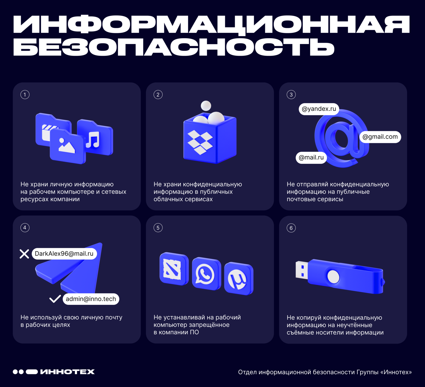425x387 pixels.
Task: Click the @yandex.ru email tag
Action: pos(319,109)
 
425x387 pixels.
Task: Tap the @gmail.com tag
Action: pos(380,137)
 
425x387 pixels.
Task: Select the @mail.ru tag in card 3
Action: pos(311,158)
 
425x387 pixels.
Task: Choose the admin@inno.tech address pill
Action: pos(91,299)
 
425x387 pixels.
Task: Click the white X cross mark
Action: pos(24,254)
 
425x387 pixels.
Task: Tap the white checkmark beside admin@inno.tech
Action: pos(55,299)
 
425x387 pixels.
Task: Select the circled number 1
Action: pos(25,95)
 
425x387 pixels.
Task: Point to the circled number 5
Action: pos(158,228)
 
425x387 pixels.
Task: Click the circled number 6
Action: pos(291,228)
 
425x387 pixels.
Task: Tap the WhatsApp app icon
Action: pos(206,274)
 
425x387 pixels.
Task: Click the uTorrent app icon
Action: pos(239,278)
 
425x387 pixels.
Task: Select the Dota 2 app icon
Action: pos(174,269)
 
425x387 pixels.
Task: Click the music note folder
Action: pos(95,137)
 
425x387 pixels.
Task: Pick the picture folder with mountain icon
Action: pos(68,146)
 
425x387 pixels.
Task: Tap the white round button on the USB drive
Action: pos(333,276)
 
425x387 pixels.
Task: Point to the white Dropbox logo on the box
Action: pos(200,142)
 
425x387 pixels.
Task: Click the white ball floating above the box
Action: pos(206,106)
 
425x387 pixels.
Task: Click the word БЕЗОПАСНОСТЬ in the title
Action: pos(174,47)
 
